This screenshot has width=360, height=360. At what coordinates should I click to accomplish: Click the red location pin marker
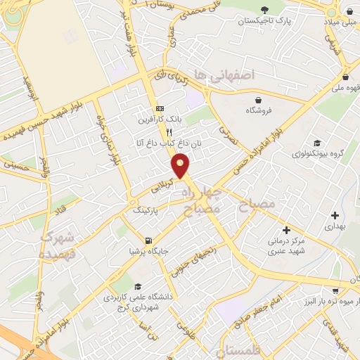181,165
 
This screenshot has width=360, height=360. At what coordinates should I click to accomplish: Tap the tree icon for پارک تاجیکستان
264,10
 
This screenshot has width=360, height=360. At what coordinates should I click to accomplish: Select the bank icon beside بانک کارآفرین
160,109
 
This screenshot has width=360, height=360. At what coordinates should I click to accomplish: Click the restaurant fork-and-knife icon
169,131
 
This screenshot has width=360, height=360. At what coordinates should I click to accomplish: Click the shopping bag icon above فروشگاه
259,99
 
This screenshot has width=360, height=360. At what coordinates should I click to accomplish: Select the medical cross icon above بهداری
334,216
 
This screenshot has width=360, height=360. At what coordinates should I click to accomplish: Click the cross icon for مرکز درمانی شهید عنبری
286,230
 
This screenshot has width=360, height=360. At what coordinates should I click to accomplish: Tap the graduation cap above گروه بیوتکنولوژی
318,142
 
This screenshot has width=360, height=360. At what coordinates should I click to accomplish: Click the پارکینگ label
147,210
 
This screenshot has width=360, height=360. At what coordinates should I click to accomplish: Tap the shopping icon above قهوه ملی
345,77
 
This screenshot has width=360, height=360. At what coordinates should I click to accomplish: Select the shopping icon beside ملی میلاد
349,10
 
